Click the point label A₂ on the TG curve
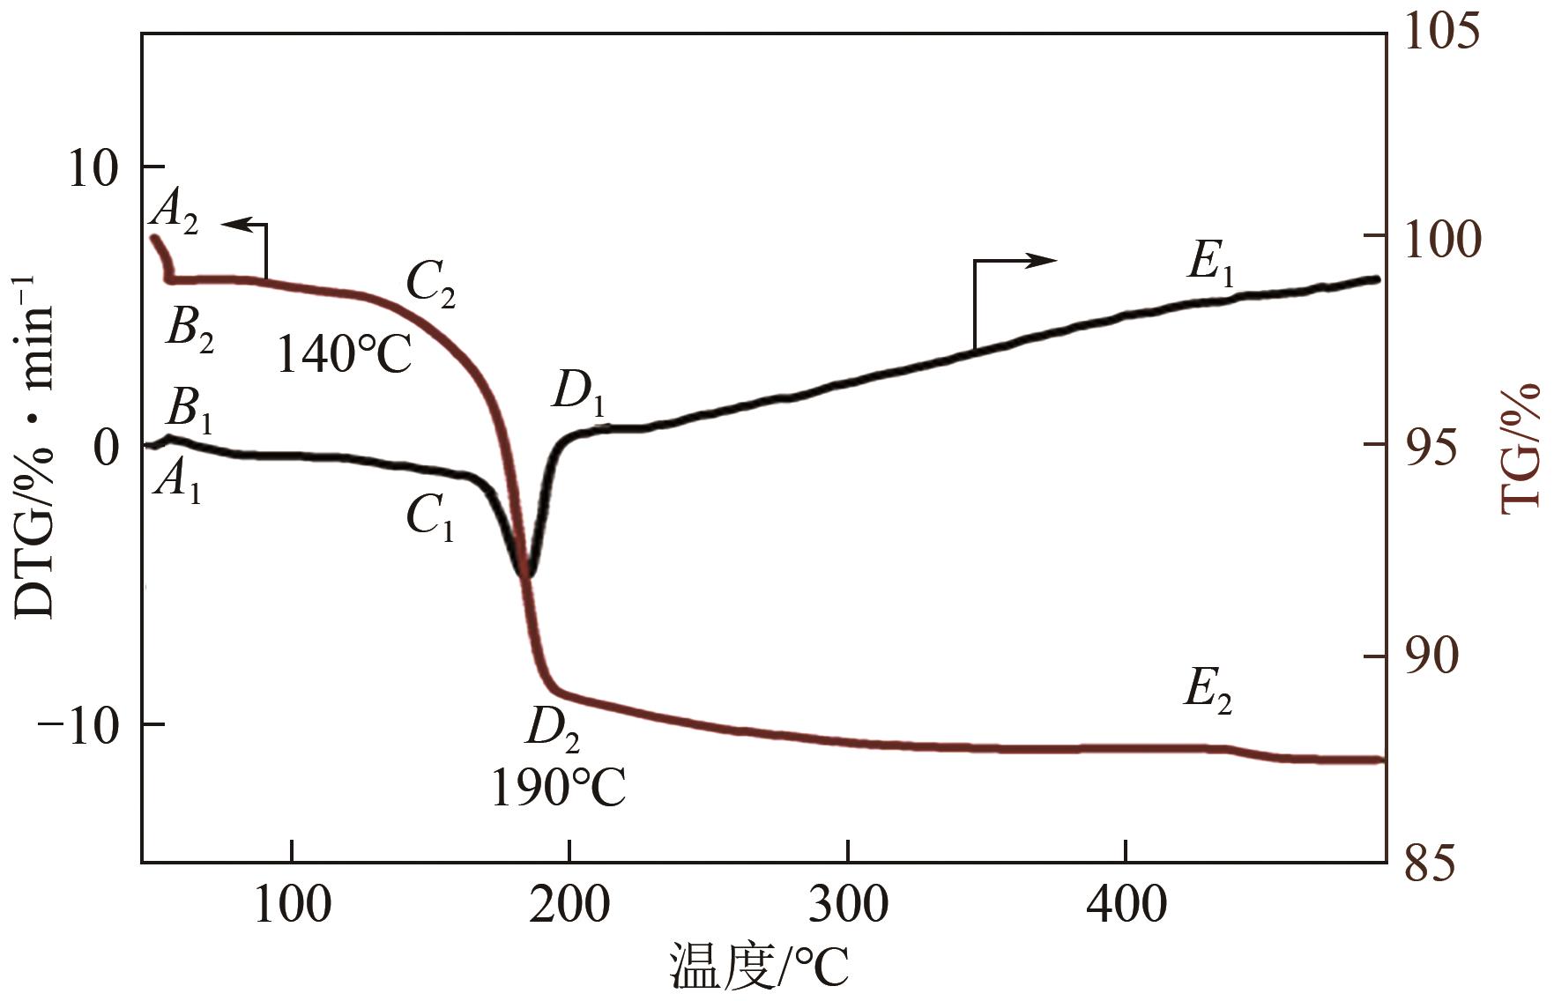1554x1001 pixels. [175, 212]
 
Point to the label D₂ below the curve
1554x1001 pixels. [553, 729]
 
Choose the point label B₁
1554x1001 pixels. [190, 412]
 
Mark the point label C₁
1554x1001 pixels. [430, 518]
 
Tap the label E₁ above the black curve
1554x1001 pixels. [1211, 263]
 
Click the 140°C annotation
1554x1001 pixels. [344, 354]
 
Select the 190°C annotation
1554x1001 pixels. [558, 787]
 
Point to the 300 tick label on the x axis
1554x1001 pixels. [848, 904]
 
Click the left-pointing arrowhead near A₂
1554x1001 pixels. [231, 225]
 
